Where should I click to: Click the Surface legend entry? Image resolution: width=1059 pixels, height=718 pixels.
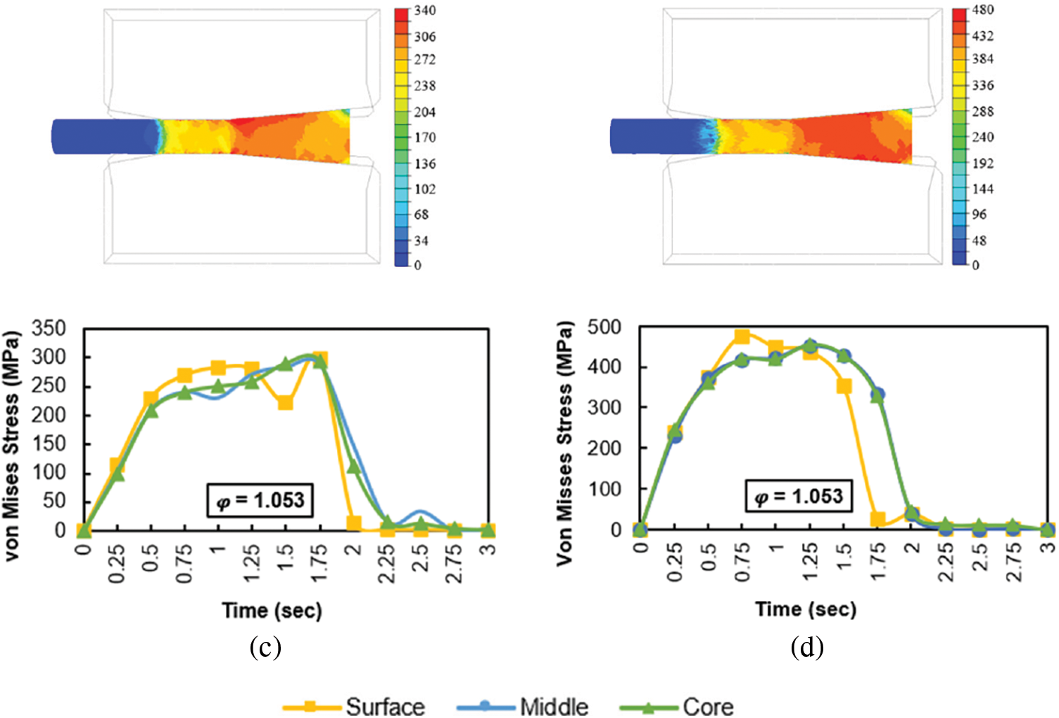point(385,706)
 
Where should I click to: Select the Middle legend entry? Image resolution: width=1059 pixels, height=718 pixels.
point(554,706)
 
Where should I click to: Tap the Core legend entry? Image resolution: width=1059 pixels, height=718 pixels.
point(707,706)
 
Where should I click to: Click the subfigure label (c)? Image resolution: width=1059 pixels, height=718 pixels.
point(265,647)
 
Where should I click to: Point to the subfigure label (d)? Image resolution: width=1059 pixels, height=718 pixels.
point(806,647)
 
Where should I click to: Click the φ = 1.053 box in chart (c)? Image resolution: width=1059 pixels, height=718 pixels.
point(260,500)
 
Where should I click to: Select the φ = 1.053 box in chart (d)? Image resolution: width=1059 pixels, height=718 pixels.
point(798,497)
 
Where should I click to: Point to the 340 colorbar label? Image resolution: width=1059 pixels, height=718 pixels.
point(424,11)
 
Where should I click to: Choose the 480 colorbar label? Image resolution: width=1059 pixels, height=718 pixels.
point(982,10)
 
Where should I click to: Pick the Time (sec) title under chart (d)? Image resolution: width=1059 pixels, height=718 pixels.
point(806,609)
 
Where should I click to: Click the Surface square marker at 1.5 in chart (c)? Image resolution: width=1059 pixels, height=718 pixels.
point(285,403)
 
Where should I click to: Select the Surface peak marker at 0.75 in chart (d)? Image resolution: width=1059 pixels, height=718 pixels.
point(742,336)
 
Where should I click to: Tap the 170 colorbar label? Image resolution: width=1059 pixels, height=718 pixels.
point(424,138)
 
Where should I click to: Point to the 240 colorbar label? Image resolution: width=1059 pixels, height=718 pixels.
point(982,137)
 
